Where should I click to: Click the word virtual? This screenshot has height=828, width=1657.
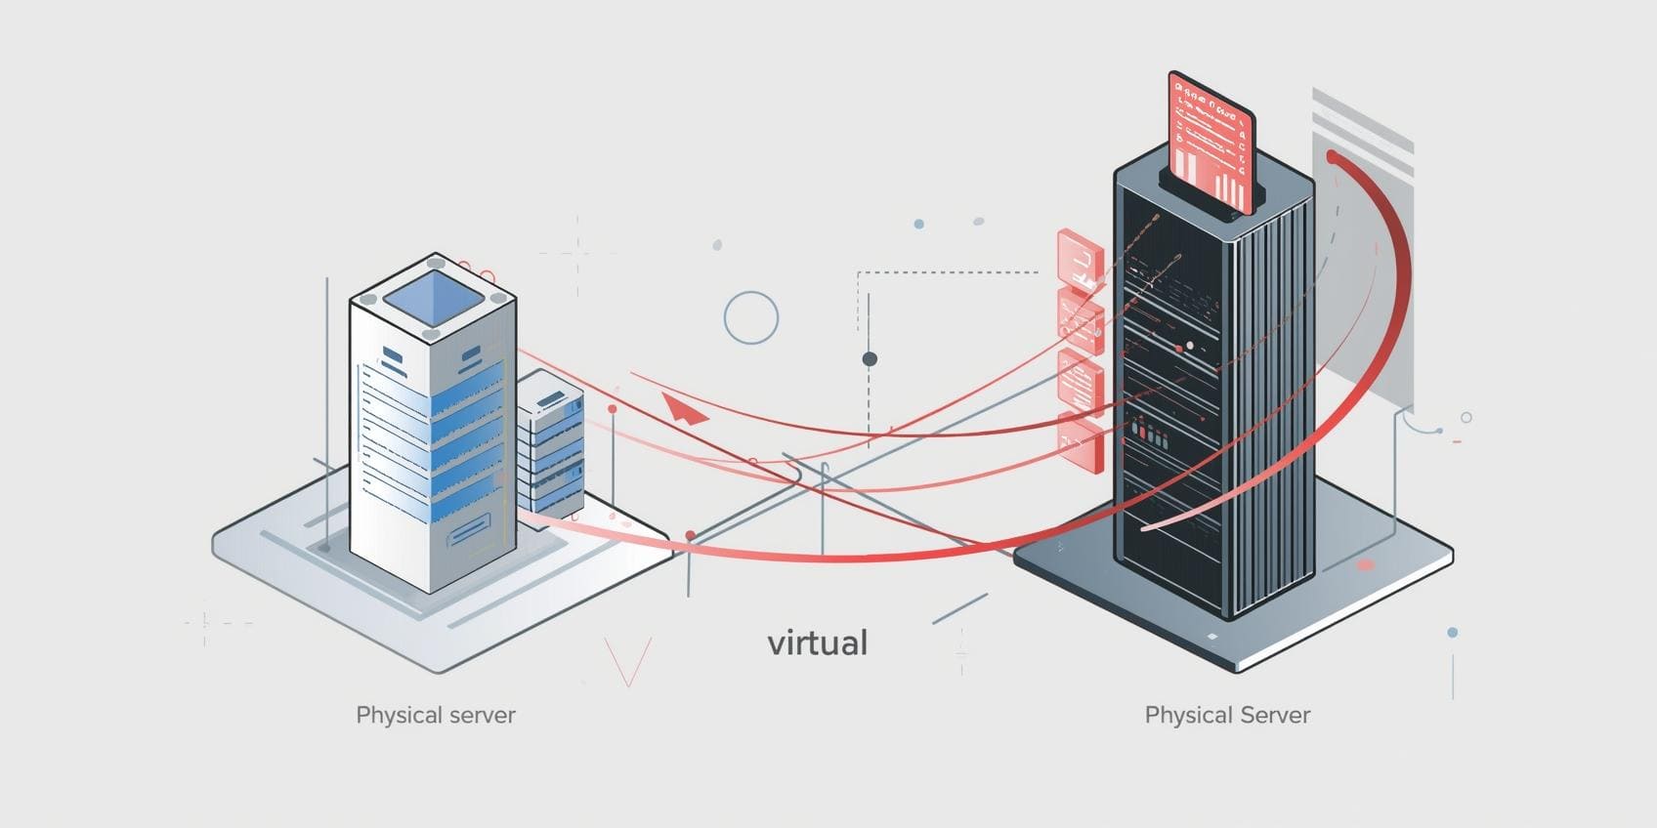pos(817,642)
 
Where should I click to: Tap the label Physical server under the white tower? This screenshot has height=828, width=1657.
pos(436,715)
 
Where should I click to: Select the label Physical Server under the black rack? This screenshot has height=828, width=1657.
pos(1227,715)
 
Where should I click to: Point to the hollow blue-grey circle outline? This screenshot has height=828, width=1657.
pos(751,317)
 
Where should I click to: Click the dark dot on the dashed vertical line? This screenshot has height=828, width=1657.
pos(870,359)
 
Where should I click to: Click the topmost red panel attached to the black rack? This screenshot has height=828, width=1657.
pos(1080,259)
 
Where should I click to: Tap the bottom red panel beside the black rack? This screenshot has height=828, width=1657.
pos(1081,441)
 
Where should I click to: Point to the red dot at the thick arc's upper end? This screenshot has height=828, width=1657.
pos(1333,156)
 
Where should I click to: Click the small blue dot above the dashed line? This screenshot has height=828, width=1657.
pos(918,225)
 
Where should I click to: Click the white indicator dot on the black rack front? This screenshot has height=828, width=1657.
pos(1189,346)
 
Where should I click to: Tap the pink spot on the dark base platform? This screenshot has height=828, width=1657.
pos(1365,565)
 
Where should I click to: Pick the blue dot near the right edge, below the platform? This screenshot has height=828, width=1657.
pos(1453,633)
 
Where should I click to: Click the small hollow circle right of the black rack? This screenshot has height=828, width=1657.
pos(1466,418)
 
